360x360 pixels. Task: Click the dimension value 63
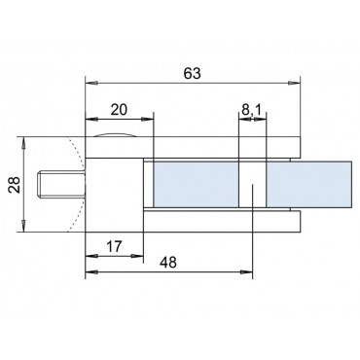(193, 74)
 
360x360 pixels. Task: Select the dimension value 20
(119, 110)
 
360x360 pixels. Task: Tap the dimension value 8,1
(251, 110)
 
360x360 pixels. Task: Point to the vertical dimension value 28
(16, 185)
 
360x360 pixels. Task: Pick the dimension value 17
(114, 247)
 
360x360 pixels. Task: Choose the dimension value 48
(169, 262)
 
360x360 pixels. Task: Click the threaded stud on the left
(61, 185)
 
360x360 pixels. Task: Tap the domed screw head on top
(115, 135)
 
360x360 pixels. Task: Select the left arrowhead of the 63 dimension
(91, 84)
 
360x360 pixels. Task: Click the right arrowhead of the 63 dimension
(294, 84)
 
